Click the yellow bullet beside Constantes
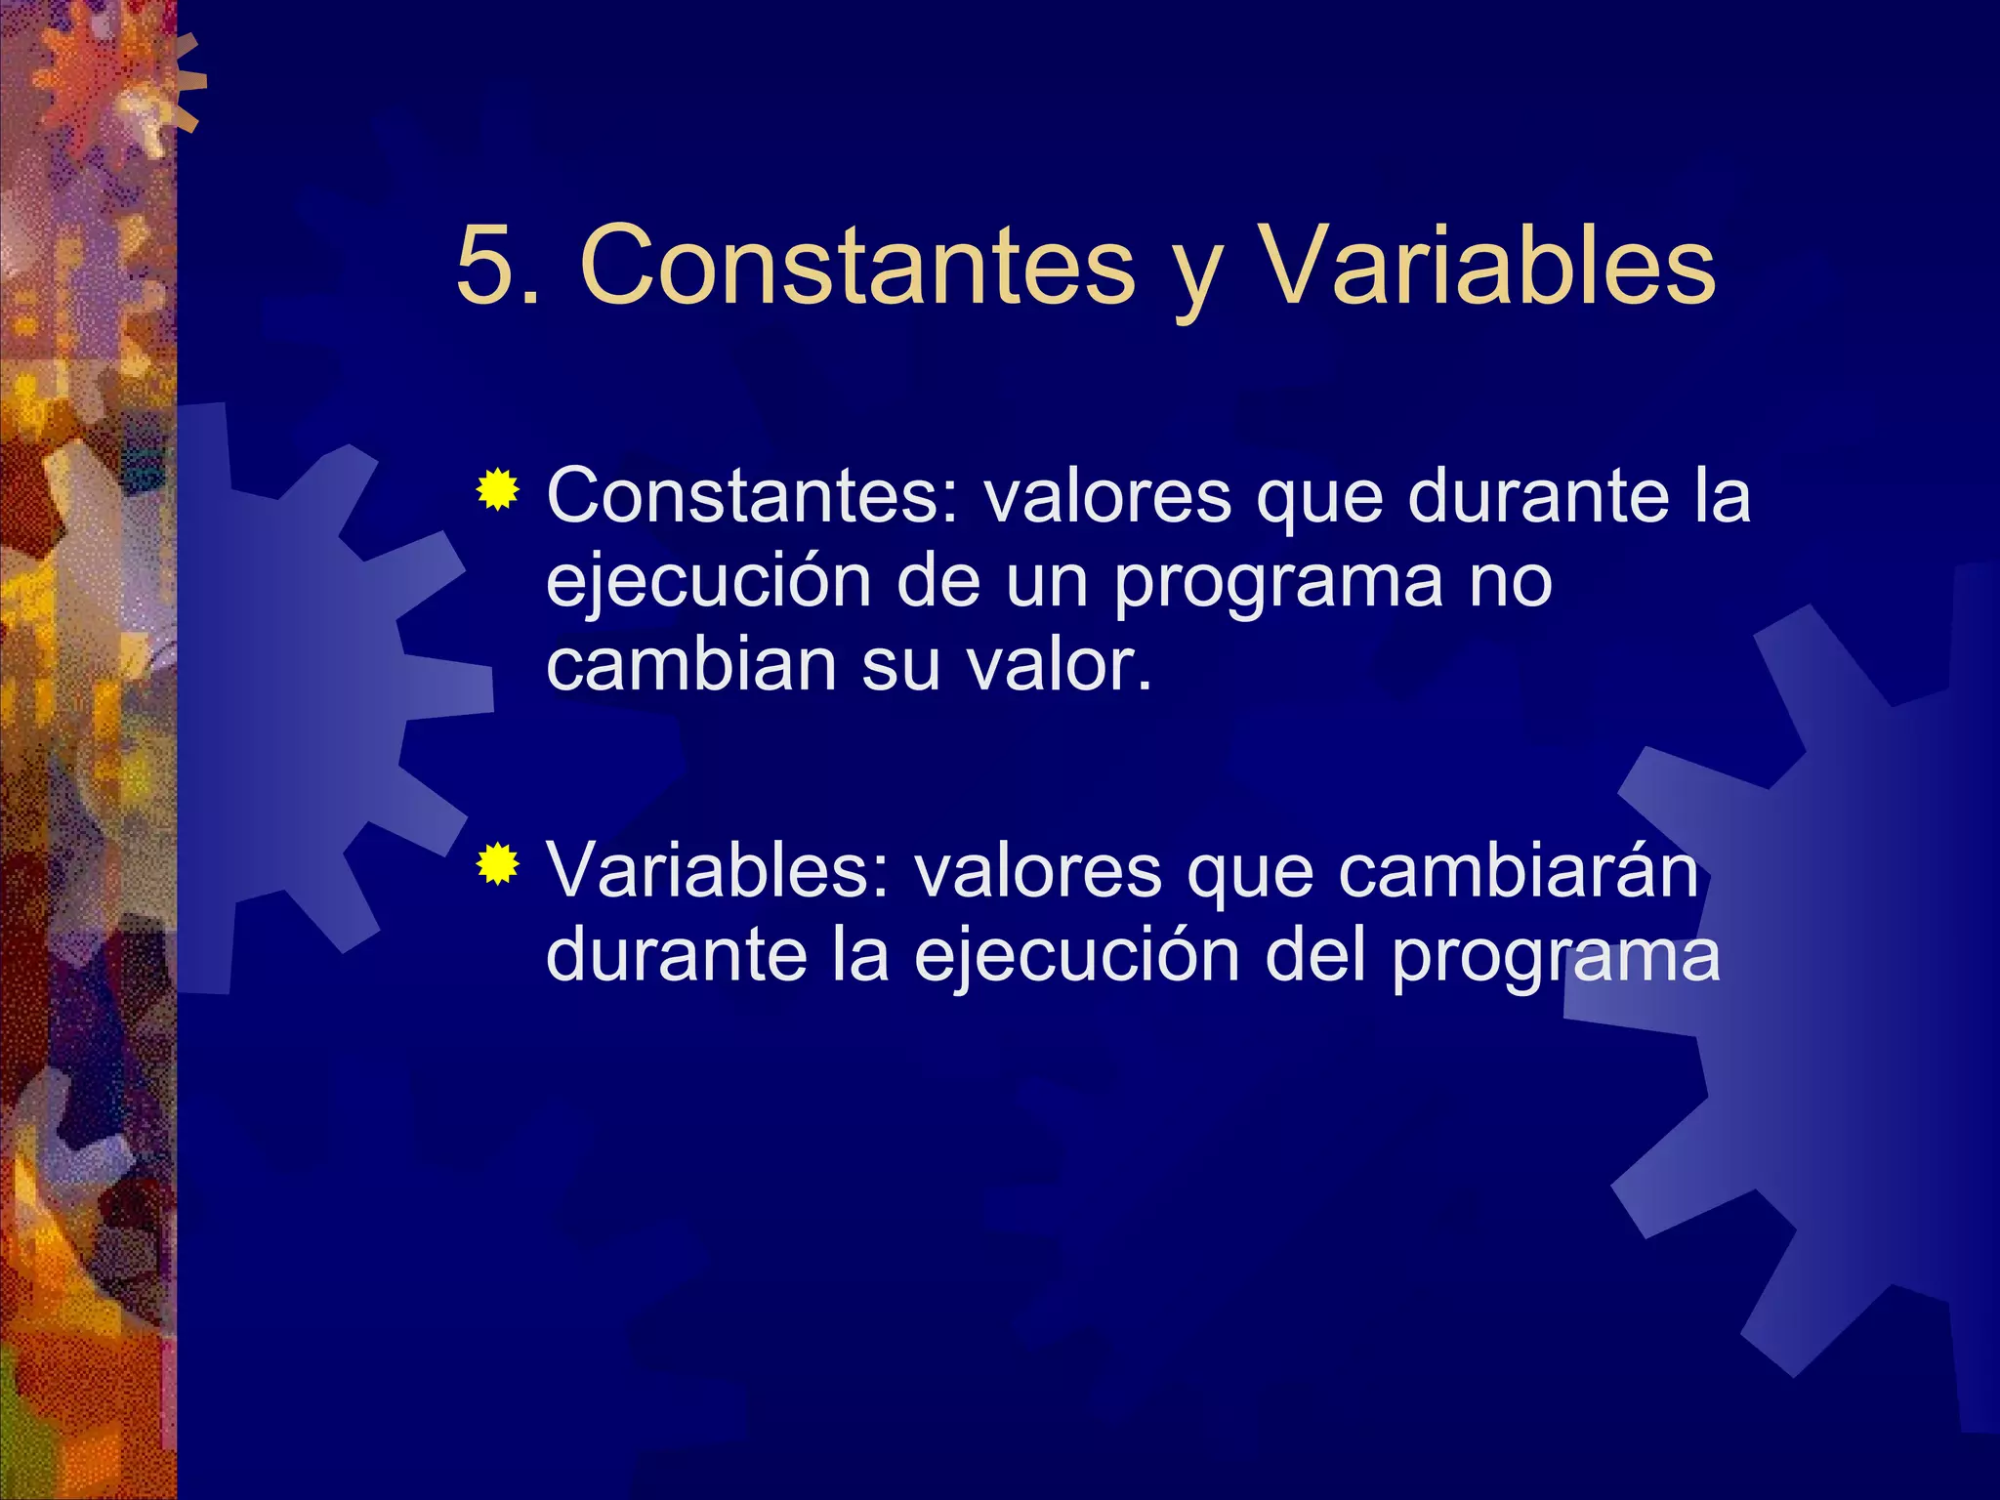(498, 489)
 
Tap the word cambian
(691, 666)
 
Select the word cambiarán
(1518, 871)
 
